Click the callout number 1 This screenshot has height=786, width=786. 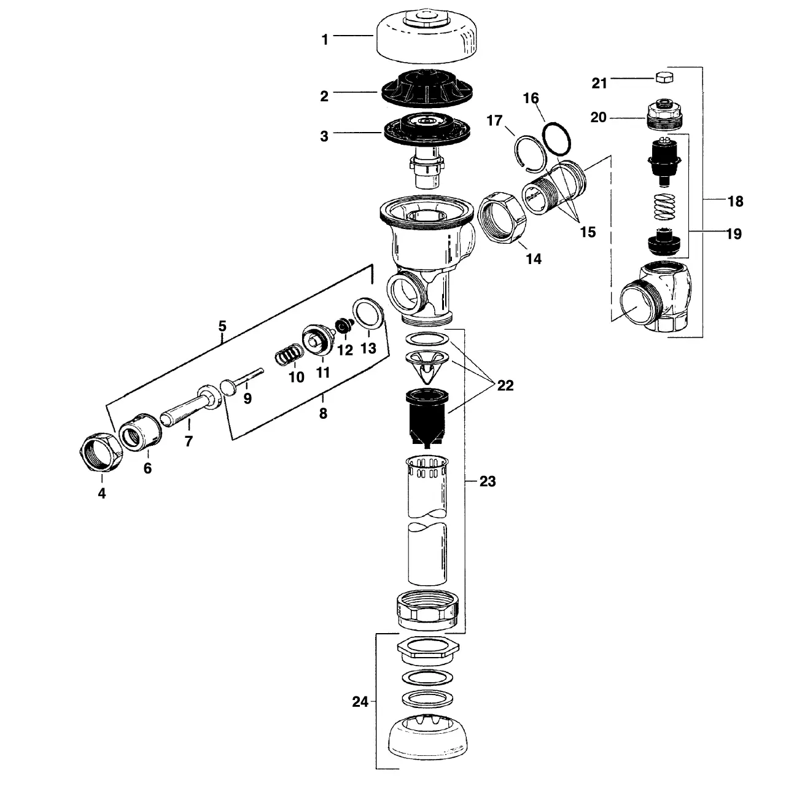(x=325, y=39)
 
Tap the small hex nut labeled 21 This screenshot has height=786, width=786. (x=664, y=77)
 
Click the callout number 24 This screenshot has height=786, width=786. (x=360, y=701)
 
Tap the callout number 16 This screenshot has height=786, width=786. (x=531, y=98)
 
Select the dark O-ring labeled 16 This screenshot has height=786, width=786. (x=558, y=140)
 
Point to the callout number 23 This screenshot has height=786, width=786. (x=487, y=481)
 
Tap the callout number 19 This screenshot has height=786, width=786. (x=733, y=234)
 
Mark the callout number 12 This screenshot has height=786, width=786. (x=345, y=350)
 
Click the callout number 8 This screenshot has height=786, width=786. (x=323, y=413)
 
